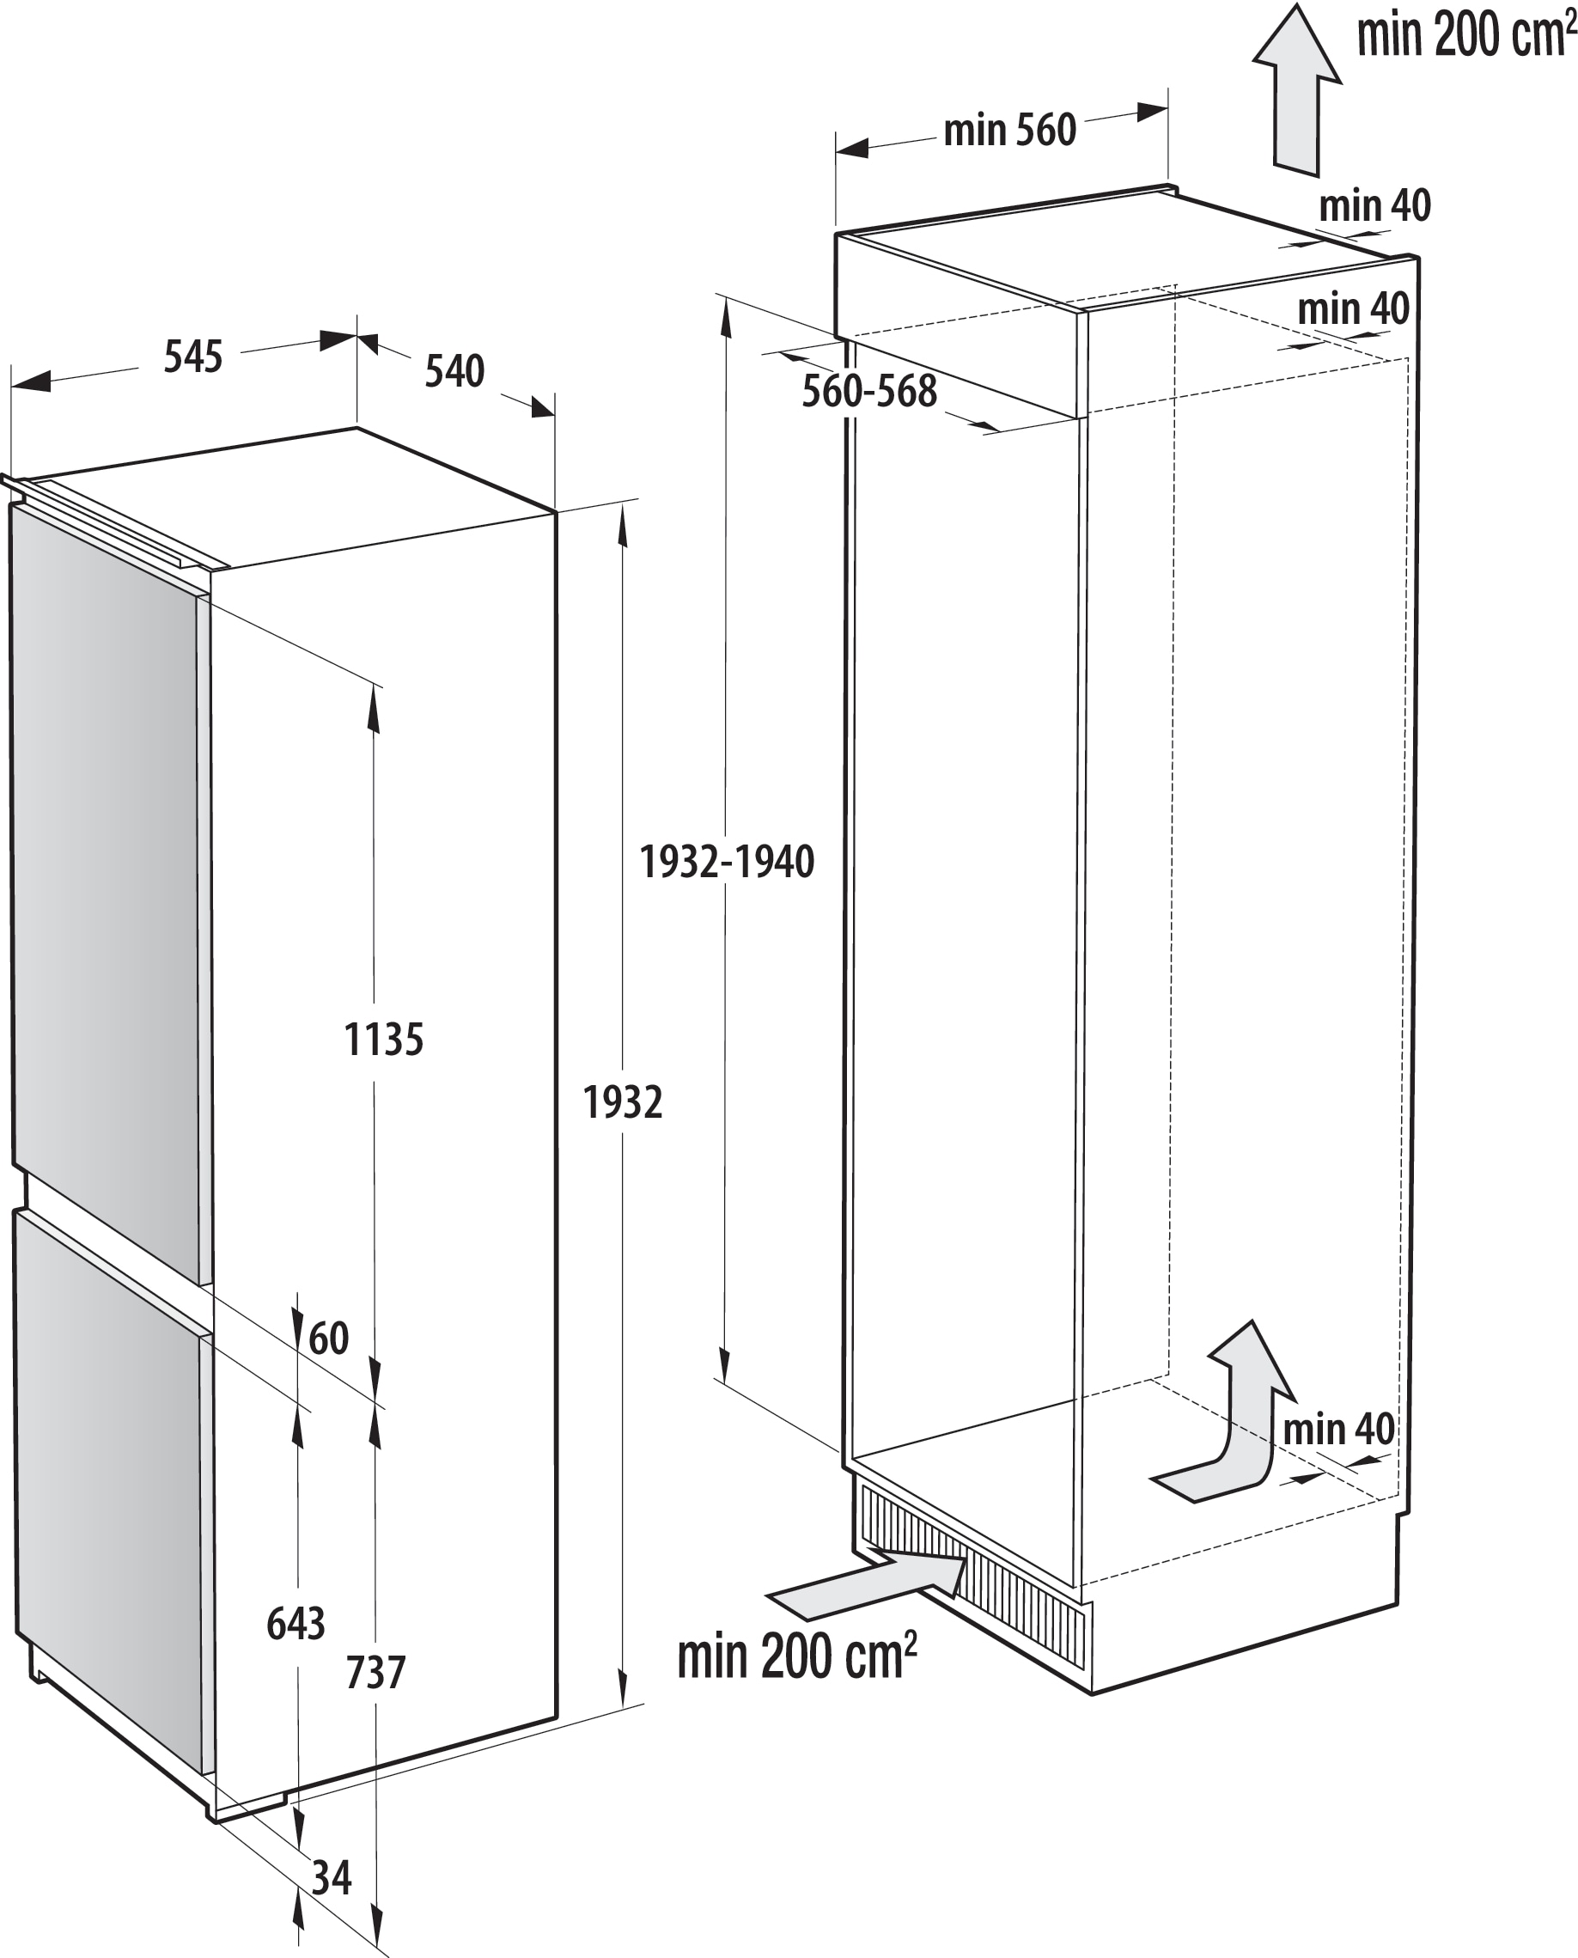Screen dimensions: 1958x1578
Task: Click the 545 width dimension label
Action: point(192,357)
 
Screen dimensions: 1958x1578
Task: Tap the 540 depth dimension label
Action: point(454,371)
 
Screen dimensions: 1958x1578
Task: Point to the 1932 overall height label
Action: point(623,1102)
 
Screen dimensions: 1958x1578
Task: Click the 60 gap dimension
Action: point(328,1338)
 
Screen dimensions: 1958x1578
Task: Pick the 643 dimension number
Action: point(295,1624)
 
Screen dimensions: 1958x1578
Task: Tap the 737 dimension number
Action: point(375,1673)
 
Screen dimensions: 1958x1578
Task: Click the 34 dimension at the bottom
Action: point(331,1877)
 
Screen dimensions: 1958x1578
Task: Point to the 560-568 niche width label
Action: point(869,391)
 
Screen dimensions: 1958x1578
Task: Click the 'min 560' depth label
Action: point(1010,130)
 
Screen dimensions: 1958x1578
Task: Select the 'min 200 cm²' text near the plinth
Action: point(796,1656)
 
